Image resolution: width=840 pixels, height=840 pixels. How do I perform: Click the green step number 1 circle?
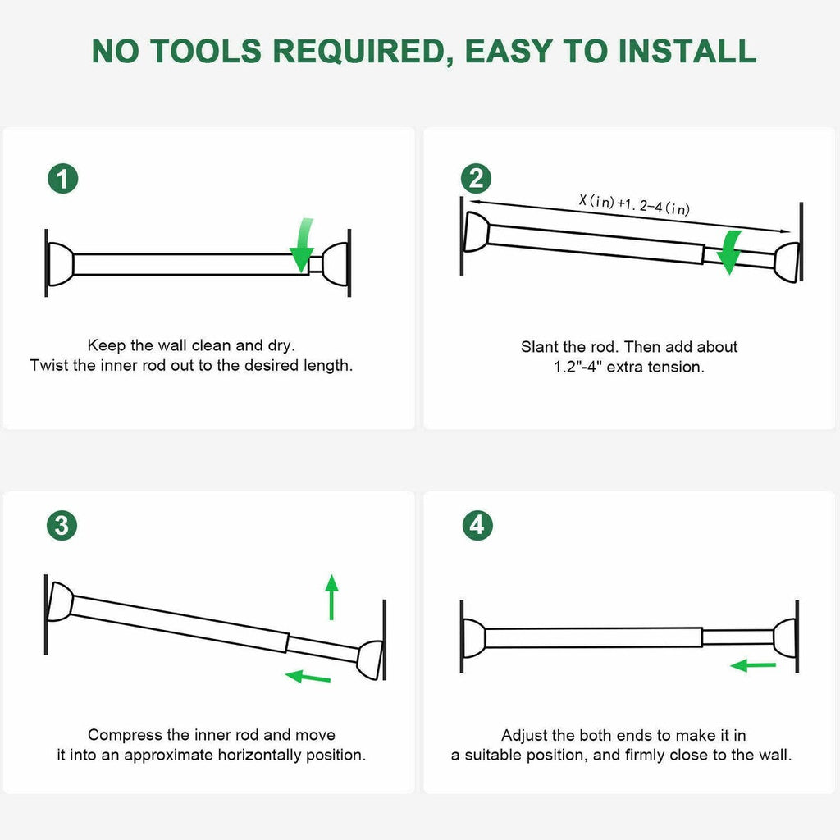62,179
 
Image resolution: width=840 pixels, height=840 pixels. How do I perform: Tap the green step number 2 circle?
476,179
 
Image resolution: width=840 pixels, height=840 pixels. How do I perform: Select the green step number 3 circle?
62,525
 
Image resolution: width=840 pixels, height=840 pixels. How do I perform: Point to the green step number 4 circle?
477,525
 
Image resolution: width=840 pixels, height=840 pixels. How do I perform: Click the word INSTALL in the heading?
687,52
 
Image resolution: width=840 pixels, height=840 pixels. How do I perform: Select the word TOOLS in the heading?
206,52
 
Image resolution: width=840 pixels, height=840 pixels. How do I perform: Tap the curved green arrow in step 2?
729,252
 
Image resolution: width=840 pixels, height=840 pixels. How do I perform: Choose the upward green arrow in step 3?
331,597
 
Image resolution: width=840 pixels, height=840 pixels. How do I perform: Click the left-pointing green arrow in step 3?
308,677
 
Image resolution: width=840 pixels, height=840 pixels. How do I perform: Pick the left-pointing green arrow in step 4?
753,666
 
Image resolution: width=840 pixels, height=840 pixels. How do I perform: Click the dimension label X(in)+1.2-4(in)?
634,204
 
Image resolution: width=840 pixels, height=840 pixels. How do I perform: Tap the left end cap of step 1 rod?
60,264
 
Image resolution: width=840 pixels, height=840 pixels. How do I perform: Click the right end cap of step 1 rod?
336,264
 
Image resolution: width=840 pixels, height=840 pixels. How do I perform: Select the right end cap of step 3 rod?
370,660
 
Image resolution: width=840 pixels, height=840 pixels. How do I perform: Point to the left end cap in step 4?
473,637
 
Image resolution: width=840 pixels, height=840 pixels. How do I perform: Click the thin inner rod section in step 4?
737,637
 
